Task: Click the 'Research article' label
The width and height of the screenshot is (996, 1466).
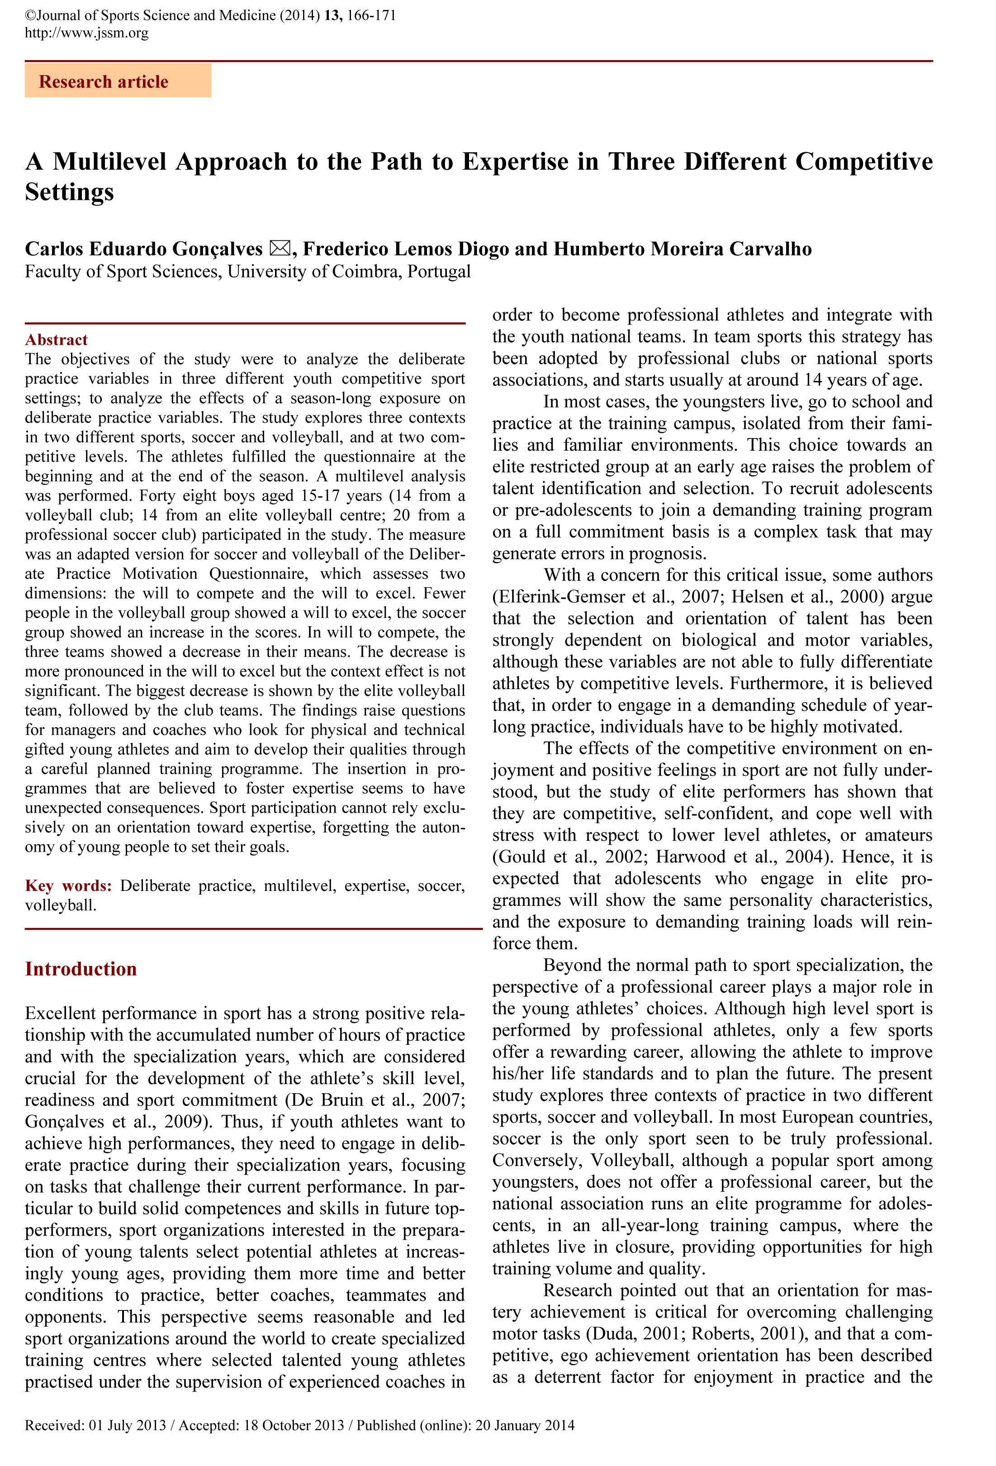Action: pyautogui.click(x=104, y=82)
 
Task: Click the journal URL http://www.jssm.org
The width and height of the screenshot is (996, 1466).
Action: pyautogui.click(x=86, y=33)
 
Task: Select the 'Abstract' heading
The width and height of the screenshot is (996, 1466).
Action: pyautogui.click(x=56, y=340)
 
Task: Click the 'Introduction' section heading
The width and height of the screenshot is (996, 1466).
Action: pyautogui.click(x=81, y=969)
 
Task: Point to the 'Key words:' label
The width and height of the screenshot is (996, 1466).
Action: pyautogui.click(x=68, y=885)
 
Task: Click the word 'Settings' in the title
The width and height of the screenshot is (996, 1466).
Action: pyautogui.click(x=69, y=192)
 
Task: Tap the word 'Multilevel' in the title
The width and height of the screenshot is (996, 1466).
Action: pyautogui.click(x=110, y=162)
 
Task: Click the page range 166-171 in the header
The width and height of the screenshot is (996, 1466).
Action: pyautogui.click(x=371, y=15)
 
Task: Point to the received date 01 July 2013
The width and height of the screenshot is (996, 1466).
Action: pyautogui.click(x=128, y=1425)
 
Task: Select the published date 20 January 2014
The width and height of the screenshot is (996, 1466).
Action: pyautogui.click(x=525, y=1425)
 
